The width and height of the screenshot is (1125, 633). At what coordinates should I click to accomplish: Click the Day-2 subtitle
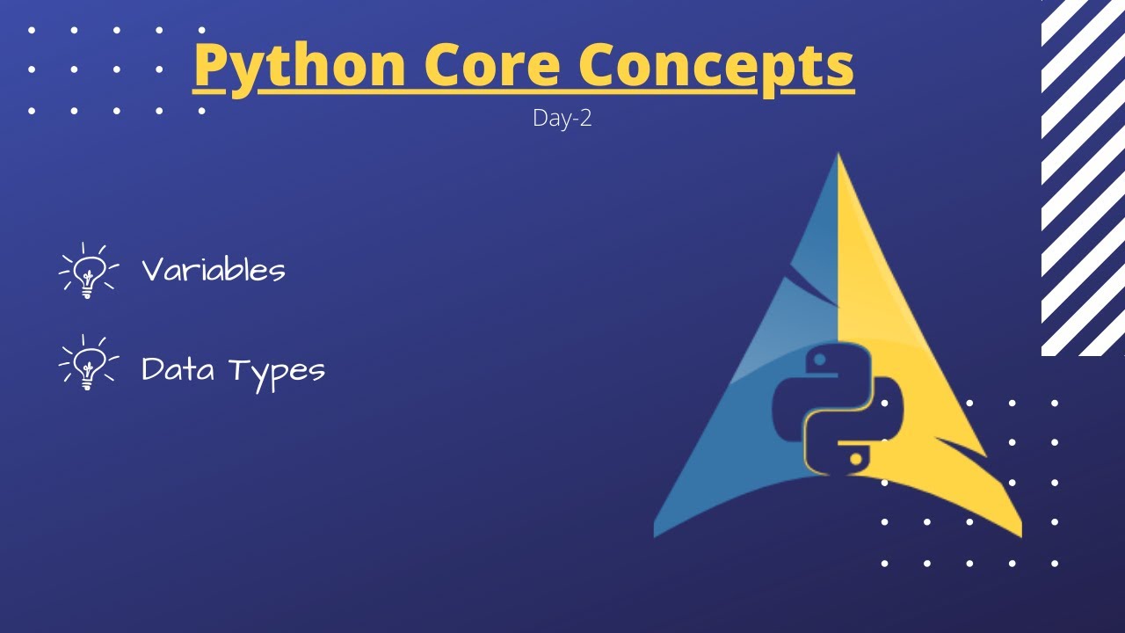[x=562, y=118]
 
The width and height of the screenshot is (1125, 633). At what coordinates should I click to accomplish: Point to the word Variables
[x=214, y=270]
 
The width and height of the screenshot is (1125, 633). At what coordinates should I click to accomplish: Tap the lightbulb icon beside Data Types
[x=88, y=362]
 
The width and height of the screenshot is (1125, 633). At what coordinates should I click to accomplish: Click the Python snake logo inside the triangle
[x=837, y=410]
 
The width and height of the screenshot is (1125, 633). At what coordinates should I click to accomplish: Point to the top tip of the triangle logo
[x=838, y=156]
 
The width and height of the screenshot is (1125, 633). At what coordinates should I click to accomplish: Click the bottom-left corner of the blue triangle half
[x=657, y=534]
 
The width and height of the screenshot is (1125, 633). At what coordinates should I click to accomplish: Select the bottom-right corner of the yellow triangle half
[x=1019, y=534]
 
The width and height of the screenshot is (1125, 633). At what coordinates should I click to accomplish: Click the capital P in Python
[x=209, y=65]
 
